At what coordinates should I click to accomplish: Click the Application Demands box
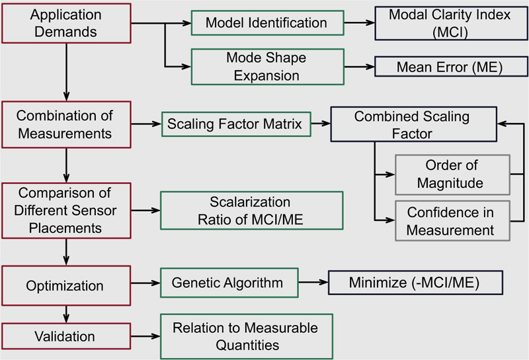coord(66,23)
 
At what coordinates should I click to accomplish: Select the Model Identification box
coord(268,23)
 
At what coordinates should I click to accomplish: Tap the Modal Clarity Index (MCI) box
coord(452,23)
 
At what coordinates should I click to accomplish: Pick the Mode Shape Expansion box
coord(268,67)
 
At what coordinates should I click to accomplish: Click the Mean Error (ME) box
coord(452,67)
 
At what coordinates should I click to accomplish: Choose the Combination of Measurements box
coord(66,124)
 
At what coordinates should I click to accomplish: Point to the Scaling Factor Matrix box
coord(236,124)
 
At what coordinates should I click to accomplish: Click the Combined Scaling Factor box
coord(414,124)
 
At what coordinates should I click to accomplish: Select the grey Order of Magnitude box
coord(452,175)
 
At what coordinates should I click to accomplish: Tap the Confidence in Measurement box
coord(452,221)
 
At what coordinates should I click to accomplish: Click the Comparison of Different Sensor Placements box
coord(66,210)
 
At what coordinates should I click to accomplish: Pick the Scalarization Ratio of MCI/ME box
coord(252,210)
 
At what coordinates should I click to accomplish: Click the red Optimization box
coord(66,286)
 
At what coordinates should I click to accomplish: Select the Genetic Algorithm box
coord(229,283)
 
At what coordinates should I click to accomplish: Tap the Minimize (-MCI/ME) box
coord(416,283)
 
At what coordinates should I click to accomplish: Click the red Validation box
coord(66,336)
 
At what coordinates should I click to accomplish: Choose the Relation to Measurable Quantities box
coord(247,337)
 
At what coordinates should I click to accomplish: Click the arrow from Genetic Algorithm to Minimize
coord(313,283)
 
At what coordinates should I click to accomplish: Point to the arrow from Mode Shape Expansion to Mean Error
coord(360,67)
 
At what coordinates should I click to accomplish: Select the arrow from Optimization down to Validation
coord(66,314)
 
